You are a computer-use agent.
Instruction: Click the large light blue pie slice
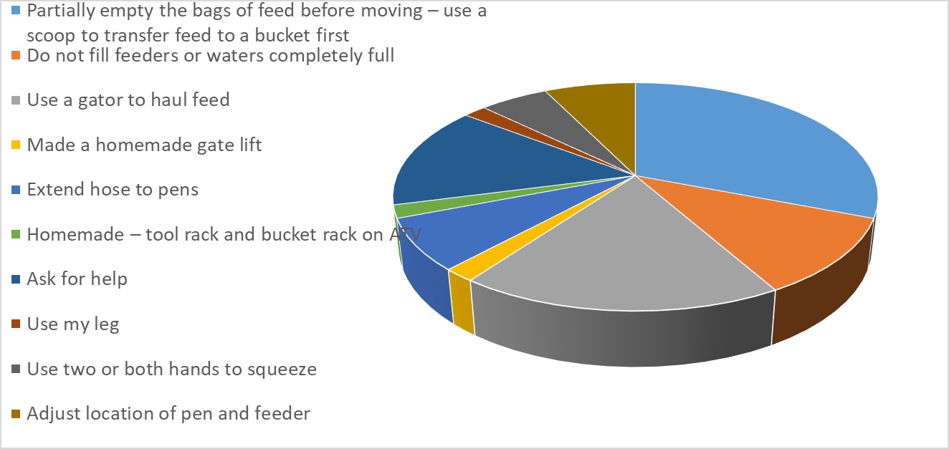click(x=745, y=150)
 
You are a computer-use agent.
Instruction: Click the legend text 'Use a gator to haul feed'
click(x=128, y=100)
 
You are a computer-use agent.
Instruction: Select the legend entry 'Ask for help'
click(x=77, y=279)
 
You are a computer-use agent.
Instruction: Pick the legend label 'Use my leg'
click(x=73, y=324)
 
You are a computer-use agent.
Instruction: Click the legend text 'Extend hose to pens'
click(x=113, y=190)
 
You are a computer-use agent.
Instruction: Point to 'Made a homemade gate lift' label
click(x=144, y=145)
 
